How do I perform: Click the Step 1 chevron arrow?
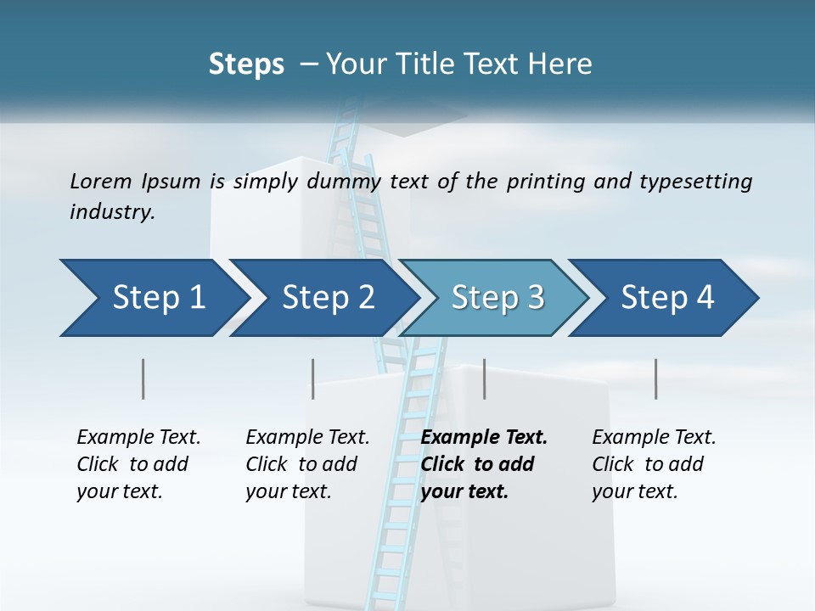coord(153,298)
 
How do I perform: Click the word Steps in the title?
coord(246,64)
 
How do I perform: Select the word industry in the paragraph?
coord(112,212)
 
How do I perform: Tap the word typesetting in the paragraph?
coord(701,181)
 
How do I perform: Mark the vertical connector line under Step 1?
coord(143,378)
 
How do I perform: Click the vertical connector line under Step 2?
coord(313,378)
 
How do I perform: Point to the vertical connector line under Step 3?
coord(485,378)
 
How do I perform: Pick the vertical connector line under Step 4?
coord(656,378)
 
